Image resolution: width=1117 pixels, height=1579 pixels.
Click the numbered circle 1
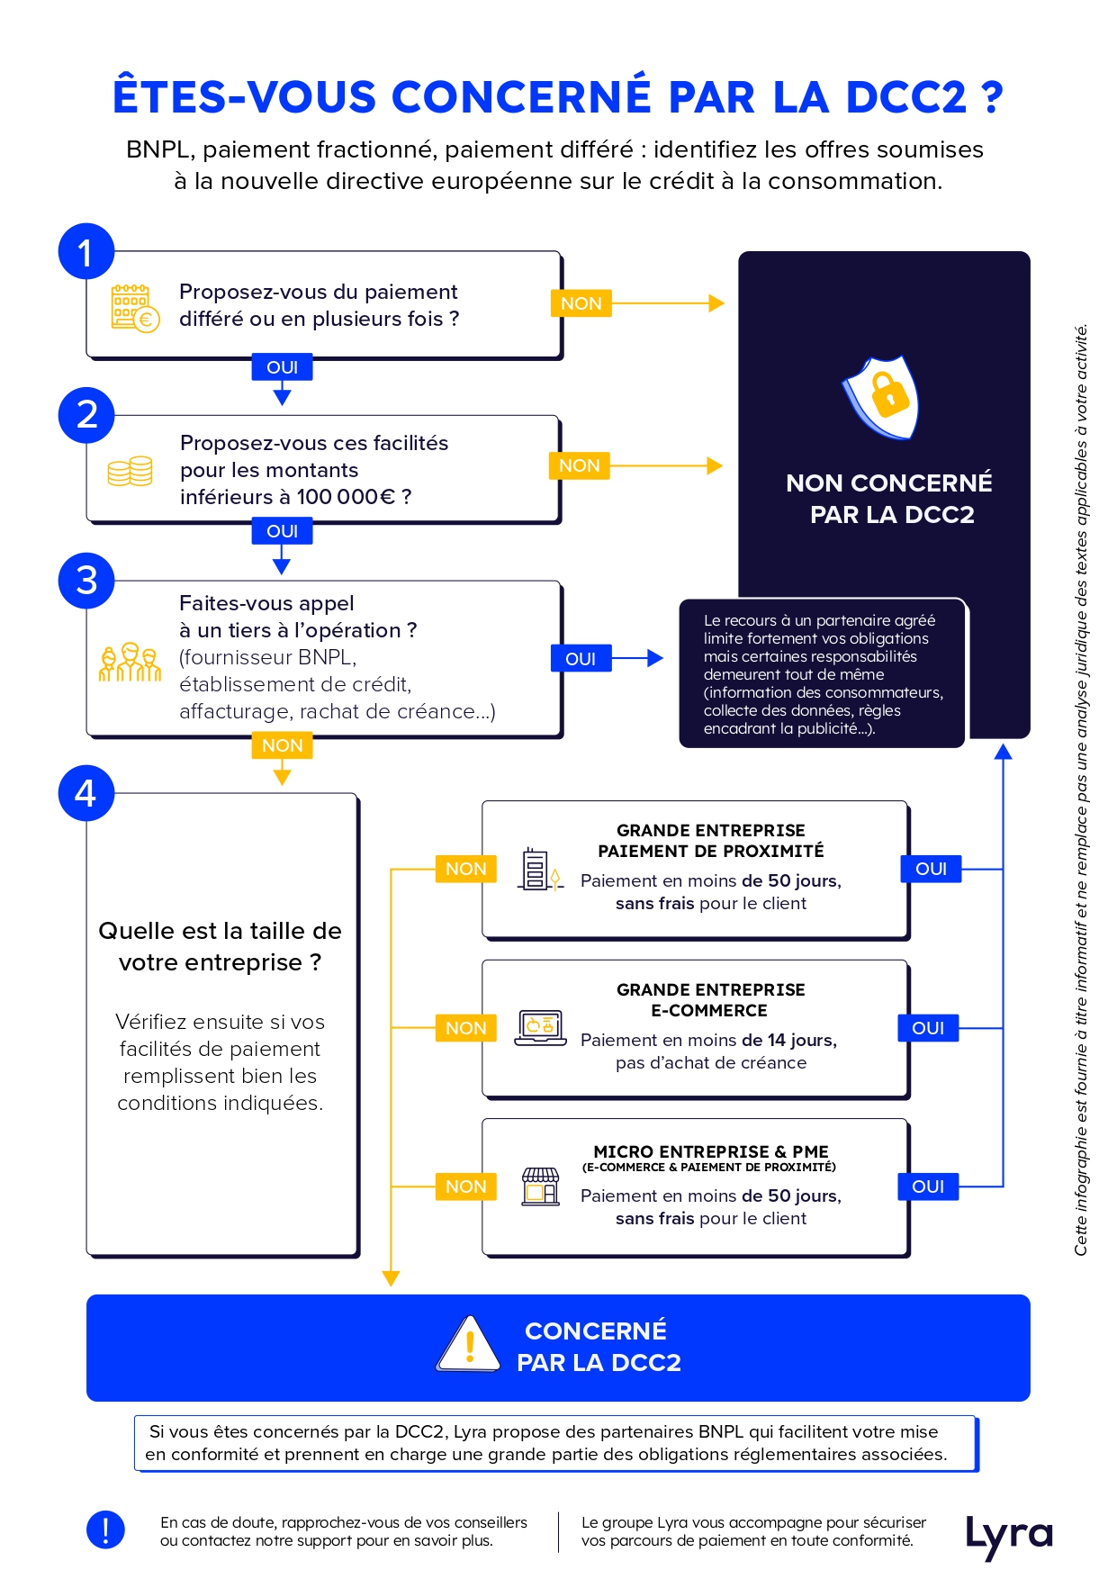[x=86, y=251]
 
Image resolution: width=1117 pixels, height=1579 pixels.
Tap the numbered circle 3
[x=86, y=580]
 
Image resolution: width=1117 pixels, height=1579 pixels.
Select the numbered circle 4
[x=86, y=793]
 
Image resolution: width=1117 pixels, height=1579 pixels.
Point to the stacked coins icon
[x=131, y=471]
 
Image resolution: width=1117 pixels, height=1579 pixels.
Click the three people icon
[x=131, y=662]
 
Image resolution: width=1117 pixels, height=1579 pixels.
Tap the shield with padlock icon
[x=881, y=397]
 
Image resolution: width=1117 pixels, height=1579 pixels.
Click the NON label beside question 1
[x=581, y=303]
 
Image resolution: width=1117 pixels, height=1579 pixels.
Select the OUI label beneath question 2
[x=282, y=531]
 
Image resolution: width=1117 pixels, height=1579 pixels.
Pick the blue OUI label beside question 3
[x=581, y=659]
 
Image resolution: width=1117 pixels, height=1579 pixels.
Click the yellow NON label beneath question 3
[x=282, y=745]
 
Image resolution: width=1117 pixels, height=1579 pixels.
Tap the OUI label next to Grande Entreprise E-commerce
[x=928, y=1028]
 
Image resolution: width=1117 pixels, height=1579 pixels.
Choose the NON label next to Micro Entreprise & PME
[x=465, y=1187]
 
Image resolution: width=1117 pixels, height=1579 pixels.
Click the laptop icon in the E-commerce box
[x=541, y=1028]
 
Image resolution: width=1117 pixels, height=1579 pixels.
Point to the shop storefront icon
[x=541, y=1187]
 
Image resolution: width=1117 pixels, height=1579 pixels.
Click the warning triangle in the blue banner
[x=468, y=1344]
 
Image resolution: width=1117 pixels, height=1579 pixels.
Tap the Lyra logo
[x=1009, y=1536]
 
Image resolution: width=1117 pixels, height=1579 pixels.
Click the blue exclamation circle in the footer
[x=105, y=1530]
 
